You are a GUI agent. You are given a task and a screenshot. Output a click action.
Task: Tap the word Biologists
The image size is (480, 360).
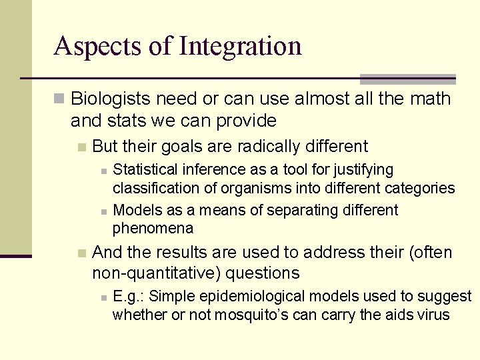[109, 99]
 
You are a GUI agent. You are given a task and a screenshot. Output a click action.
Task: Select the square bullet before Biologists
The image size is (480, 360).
[59, 99]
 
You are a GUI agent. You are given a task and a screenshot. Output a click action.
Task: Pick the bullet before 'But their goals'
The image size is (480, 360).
[81, 147]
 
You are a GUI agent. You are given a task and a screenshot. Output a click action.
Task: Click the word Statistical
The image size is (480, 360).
[145, 170]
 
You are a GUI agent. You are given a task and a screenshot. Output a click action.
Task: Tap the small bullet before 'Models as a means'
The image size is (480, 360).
[103, 211]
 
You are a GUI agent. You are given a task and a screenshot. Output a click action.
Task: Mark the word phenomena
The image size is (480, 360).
[153, 229]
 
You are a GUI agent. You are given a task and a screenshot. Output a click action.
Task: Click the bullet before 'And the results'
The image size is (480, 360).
[81, 253]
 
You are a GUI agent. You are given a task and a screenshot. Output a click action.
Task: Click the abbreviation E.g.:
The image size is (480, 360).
[129, 296]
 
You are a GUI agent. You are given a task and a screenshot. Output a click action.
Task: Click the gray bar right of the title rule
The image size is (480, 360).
[408, 79]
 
